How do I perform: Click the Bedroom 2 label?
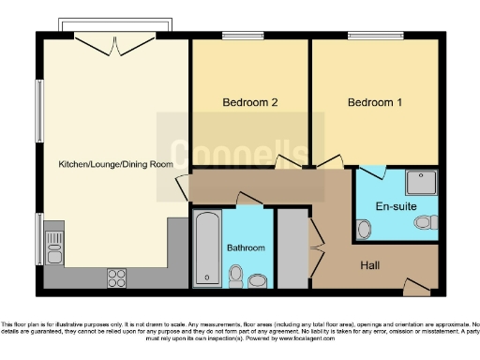(248, 102)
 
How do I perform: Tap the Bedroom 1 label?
(375, 102)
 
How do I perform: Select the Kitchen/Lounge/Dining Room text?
(116, 164)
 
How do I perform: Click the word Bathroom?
(246, 247)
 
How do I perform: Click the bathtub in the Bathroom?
(206, 247)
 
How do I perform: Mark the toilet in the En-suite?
(427, 223)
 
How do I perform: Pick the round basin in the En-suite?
(364, 226)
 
